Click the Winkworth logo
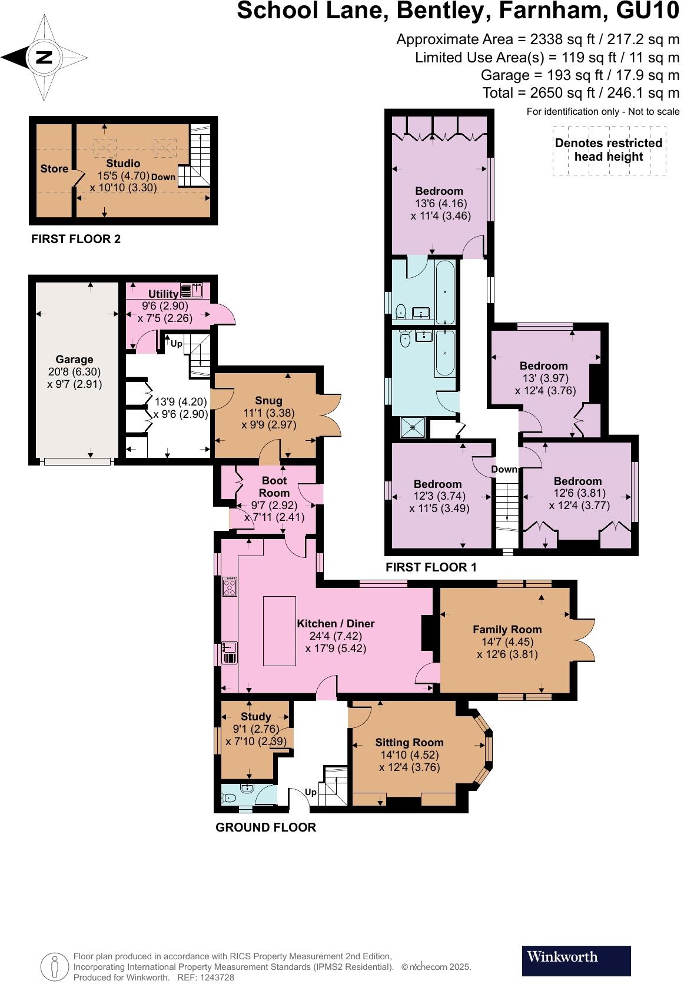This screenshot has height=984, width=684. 576,961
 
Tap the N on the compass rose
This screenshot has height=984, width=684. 44,58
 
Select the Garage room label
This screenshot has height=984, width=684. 74,359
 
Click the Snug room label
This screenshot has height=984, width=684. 268,400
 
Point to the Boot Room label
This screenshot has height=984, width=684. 274,487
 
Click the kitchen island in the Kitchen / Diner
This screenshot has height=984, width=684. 279,630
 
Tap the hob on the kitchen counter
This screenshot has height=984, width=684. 230,587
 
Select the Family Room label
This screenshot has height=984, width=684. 507,629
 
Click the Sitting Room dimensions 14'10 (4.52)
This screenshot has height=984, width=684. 409,755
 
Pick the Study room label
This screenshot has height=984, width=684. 255,716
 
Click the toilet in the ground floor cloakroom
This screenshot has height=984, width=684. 229,798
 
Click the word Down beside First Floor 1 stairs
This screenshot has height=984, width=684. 504,469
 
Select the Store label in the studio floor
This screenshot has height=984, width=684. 54,169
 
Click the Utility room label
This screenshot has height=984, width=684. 163,294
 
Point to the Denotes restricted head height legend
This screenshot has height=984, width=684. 609,150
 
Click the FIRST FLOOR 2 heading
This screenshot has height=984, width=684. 76,239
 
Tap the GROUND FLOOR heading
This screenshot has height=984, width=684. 265,827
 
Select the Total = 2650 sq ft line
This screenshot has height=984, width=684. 580,93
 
